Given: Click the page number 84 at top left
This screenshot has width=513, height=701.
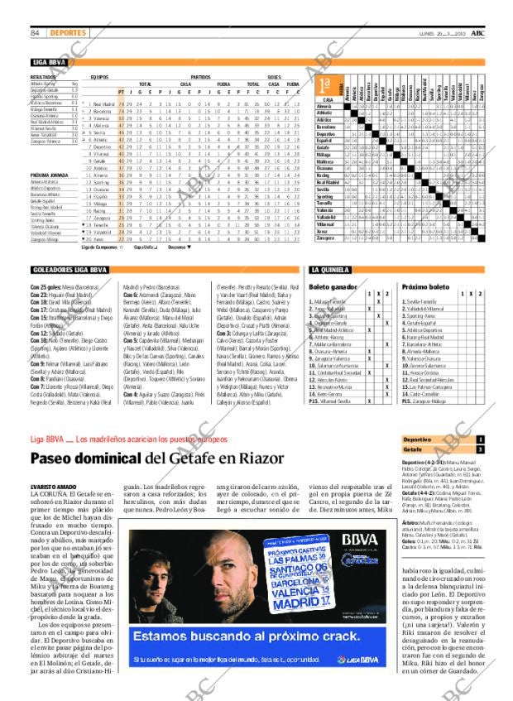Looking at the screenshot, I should [36, 33].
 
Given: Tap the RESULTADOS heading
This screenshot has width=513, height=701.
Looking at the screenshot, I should [43, 76].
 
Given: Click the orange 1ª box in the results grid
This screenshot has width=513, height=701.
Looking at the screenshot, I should [326, 86].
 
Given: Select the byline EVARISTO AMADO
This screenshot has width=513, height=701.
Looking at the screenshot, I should [54, 487].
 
